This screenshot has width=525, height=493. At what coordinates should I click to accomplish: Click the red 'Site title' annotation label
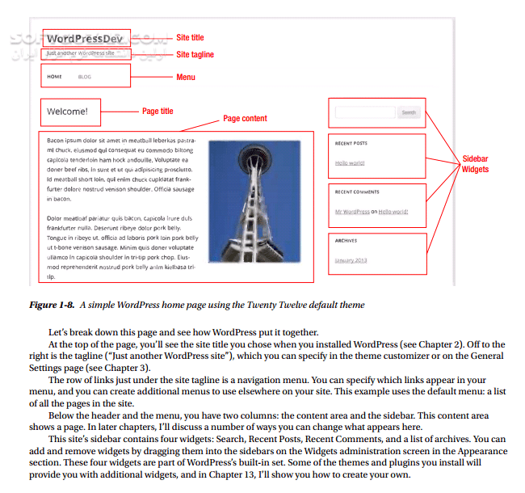[190, 38]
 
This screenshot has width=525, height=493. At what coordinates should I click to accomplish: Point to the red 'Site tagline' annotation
[195, 54]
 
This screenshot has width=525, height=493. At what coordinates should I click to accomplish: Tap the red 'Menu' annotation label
[186, 77]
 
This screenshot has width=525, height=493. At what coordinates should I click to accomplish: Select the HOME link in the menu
[54, 77]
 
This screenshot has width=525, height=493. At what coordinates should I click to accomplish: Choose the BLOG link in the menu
[85, 77]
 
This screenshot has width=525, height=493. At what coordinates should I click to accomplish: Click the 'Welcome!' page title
[67, 112]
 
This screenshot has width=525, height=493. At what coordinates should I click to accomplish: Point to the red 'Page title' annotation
[157, 112]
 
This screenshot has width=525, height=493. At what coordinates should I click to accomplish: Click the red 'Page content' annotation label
[245, 119]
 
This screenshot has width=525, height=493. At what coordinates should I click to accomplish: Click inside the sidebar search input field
[364, 112]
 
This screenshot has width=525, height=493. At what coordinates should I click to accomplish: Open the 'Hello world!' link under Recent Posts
[350, 163]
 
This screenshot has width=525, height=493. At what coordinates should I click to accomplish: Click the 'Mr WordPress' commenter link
[352, 212]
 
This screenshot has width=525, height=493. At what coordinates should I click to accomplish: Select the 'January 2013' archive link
[351, 260]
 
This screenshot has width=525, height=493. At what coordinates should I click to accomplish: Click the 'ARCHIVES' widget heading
[346, 241]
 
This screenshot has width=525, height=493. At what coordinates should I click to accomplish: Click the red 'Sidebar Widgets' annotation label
[475, 164]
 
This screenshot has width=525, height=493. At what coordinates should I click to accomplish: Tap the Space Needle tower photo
[254, 200]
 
